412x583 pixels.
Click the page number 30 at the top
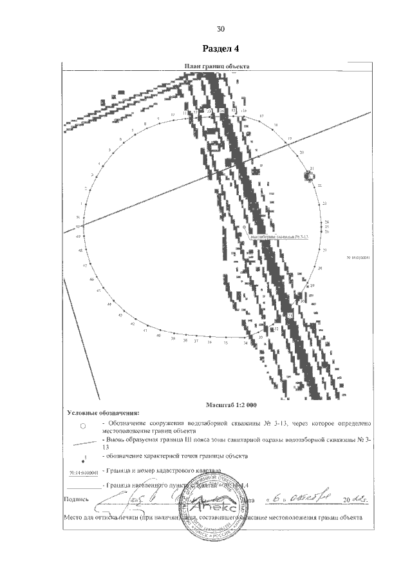(x=220, y=29)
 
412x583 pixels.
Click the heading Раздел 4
(x=221, y=49)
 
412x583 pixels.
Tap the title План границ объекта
(x=218, y=66)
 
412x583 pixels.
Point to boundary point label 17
(x=261, y=116)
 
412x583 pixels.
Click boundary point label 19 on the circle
(x=290, y=139)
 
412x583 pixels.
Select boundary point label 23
(x=325, y=204)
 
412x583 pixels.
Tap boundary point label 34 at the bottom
(x=245, y=343)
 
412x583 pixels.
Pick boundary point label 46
(x=92, y=280)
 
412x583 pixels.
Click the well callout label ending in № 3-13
(x=277, y=236)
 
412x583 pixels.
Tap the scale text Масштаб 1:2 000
(x=231, y=405)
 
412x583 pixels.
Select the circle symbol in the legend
(x=83, y=426)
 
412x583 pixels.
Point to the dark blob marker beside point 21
(x=307, y=175)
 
